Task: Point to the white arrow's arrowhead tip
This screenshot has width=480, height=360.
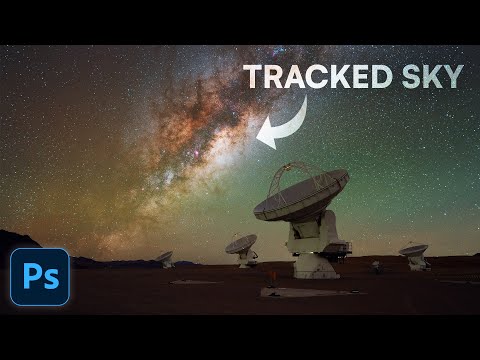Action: [x=260, y=146]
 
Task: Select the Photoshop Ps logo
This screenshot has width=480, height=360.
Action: [x=40, y=275]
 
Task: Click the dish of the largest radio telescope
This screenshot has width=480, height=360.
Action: [x=300, y=193]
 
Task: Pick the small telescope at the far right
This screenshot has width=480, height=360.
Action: [x=415, y=256]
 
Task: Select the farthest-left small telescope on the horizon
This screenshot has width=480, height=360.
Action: [x=164, y=259]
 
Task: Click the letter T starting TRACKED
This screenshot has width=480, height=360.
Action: [x=254, y=77]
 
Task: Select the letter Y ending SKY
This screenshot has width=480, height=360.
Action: [x=454, y=77]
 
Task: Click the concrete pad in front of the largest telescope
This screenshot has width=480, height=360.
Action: [x=300, y=292]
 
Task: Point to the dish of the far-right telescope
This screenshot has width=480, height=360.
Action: [x=413, y=250]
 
